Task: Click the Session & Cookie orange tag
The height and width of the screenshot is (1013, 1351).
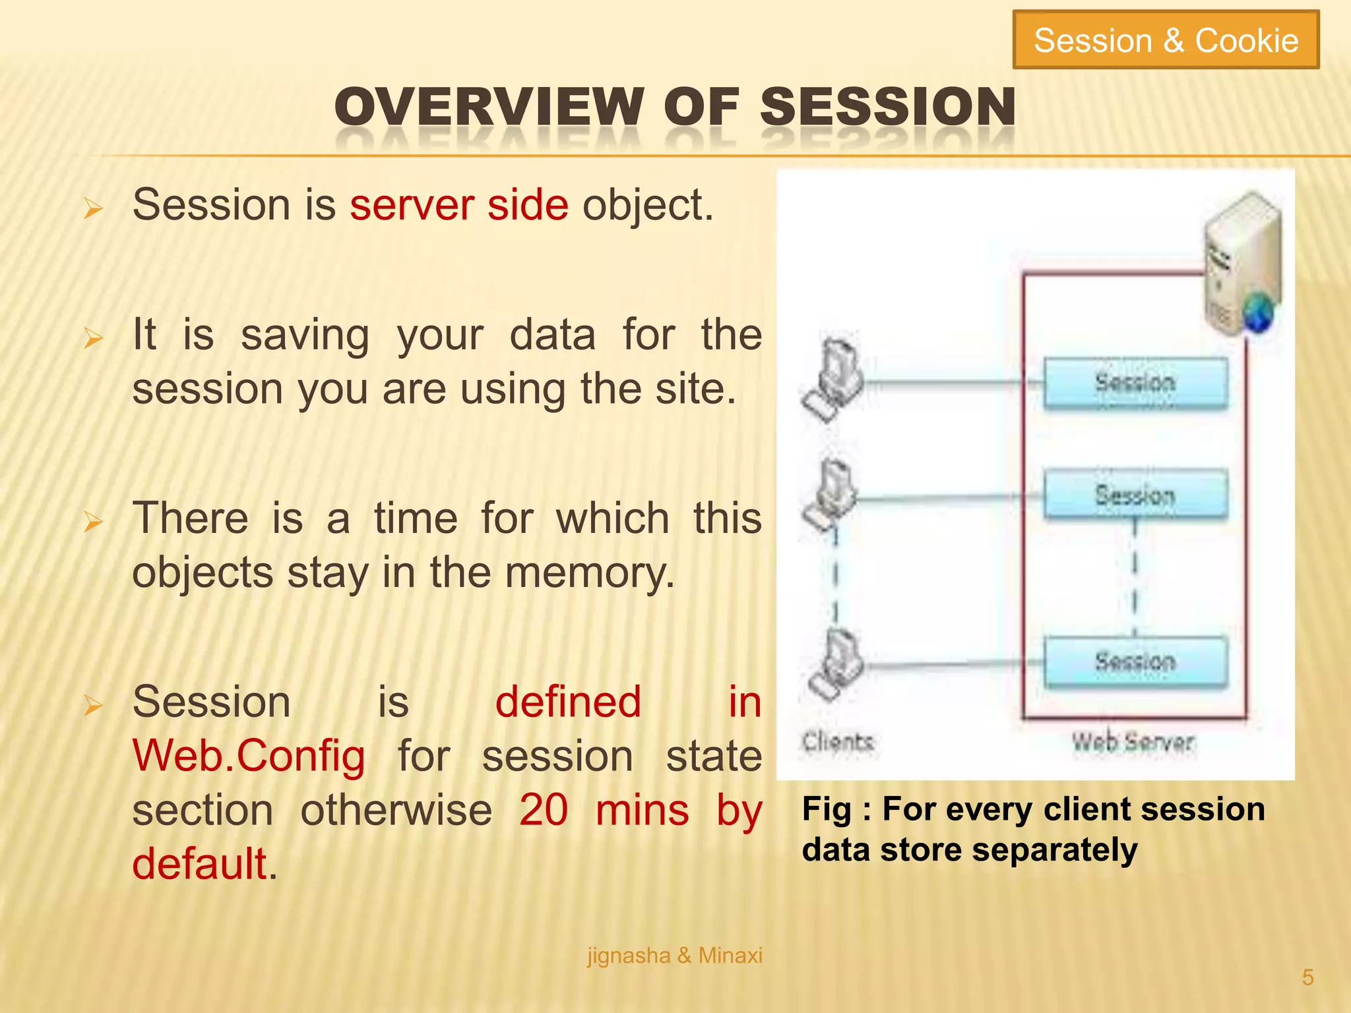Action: tap(1166, 40)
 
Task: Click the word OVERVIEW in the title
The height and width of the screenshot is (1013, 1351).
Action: tap(488, 107)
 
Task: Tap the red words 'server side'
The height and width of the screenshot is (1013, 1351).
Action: tap(458, 205)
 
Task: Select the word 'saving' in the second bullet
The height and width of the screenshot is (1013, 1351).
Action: tap(305, 335)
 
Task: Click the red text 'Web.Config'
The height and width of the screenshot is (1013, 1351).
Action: tap(249, 756)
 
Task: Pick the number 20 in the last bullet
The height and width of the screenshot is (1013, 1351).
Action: tap(543, 810)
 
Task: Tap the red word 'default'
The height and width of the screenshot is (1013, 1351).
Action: tap(199, 864)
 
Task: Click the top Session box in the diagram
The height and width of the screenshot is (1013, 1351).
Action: tap(1135, 383)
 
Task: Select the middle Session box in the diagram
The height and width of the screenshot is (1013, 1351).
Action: tap(1135, 495)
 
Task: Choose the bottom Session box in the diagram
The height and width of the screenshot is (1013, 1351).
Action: tap(1135, 661)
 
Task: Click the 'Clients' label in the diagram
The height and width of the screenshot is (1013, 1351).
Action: tap(838, 742)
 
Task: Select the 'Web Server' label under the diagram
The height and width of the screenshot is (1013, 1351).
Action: tap(1133, 743)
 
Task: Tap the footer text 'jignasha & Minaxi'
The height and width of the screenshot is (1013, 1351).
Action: tap(674, 956)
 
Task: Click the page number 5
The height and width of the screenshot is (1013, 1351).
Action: tap(1307, 977)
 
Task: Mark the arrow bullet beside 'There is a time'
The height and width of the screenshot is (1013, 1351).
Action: tap(93, 522)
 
